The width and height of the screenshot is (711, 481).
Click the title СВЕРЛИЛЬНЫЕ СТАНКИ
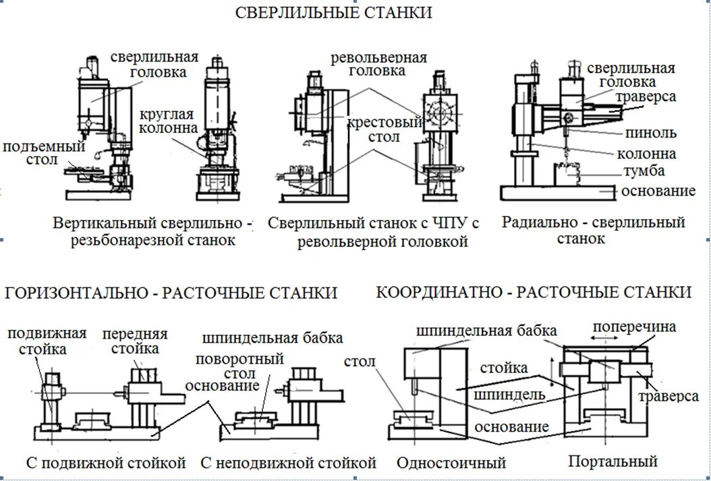(x=333, y=13)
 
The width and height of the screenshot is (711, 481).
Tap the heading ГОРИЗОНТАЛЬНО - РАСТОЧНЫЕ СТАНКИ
(x=171, y=293)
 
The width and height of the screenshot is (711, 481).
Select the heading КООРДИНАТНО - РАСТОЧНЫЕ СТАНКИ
(x=534, y=292)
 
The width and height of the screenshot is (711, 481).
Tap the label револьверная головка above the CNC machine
(x=378, y=63)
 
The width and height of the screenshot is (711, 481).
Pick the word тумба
(x=644, y=171)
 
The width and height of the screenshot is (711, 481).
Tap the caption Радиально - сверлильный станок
(x=593, y=230)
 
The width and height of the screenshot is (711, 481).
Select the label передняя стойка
(x=135, y=341)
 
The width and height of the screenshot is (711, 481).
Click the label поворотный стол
(x=239, y=366)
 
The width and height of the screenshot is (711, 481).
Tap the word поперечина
(x=633, y=327)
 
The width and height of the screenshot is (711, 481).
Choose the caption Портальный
(x=613, y=461)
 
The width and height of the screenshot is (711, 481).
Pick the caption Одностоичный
(x=451, y=463)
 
